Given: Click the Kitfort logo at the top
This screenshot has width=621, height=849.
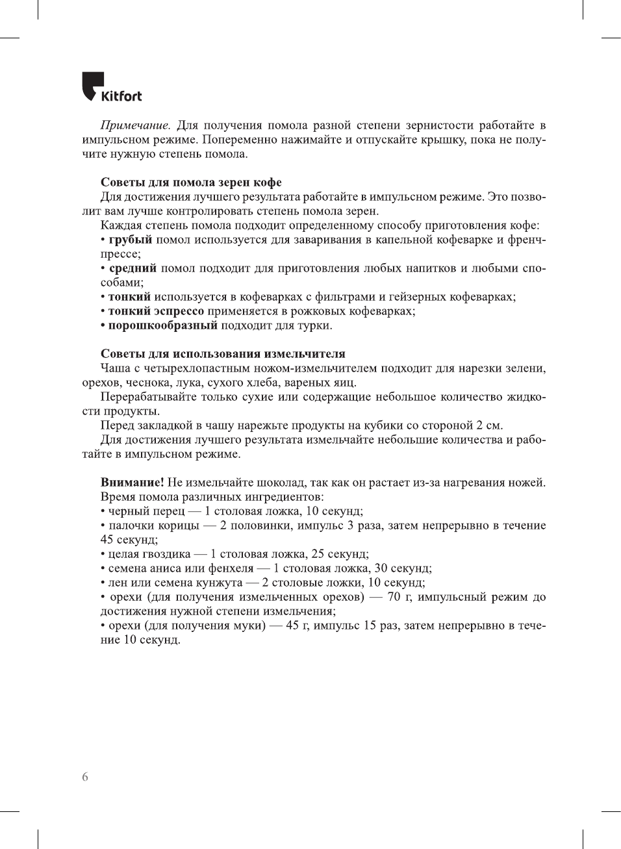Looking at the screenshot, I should (x=112, y=87).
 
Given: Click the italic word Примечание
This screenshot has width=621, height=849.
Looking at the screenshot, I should (x=135, y=125).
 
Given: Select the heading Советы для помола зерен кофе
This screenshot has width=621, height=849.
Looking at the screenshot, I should (x=191, y=183).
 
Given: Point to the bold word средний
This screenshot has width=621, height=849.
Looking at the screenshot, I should (x=133, y=268).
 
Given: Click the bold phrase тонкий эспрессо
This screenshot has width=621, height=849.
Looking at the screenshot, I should (x=156, y=311).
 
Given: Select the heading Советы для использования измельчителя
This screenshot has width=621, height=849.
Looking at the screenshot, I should (x=223, y=354).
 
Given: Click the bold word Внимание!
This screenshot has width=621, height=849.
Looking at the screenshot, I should (x=132, y=483).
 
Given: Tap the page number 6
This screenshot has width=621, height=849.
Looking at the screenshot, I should (x=85, y=777).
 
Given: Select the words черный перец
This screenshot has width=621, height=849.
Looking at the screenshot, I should (x=146, y=511).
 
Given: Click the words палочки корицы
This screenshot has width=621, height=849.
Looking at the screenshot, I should (x=154, y=526).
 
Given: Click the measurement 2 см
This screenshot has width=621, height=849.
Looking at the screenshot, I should (x=489, y=425).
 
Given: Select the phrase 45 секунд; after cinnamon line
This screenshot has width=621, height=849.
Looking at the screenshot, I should (x=129, y=540).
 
